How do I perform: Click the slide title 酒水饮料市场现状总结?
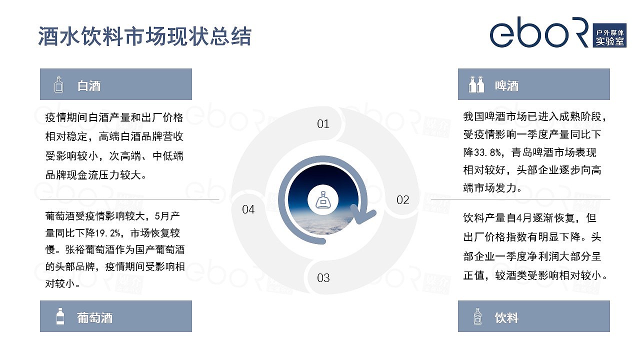click(145, 36)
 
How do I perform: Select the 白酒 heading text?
click(89, 85)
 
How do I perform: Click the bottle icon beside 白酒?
click(59, 84)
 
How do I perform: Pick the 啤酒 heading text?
click(506, 85)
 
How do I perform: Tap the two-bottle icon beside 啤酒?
click(476, 84)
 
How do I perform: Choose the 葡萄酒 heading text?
click(95, 317)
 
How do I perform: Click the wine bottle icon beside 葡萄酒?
click(60, 316)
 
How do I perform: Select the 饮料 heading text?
click(506, 317)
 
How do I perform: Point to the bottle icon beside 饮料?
click(478, 316)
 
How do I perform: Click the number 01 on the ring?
click(323, 124)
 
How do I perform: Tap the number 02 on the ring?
click(403, 200)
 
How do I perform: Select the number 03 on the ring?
click(323, 278)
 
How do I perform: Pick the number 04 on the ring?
click(248, 209)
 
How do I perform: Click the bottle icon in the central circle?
click(323, 200)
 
